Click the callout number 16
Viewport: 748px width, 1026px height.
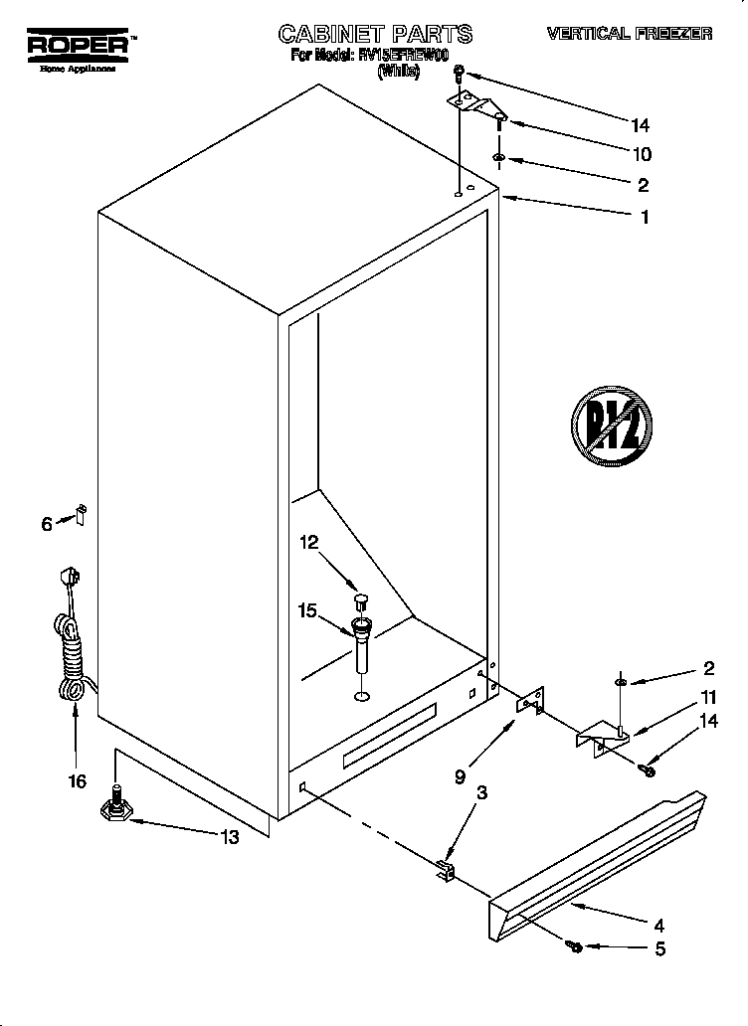(x=77, y=781)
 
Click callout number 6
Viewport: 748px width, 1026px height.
(x=47, y=524)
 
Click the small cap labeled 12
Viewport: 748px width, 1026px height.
(x=359, y=601)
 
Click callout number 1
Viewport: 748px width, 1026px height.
(x=644, y=216)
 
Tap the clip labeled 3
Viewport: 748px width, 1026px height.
(x=445, y=872)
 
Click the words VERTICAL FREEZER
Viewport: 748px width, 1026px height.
(x=630, y=34)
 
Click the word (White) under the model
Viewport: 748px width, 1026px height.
(x=396, y=72)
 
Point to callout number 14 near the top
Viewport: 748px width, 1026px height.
(x=640, y=124)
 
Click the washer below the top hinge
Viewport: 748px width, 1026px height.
(x=498, y=158)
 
